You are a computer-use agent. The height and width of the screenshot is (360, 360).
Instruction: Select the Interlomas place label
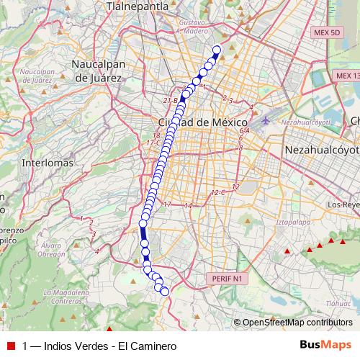(48, 163)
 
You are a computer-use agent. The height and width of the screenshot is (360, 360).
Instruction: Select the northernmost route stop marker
(216, 50)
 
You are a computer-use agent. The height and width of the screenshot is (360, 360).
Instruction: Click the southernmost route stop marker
(165, 291)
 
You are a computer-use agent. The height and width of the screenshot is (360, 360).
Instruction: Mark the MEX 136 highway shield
(348, 75)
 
